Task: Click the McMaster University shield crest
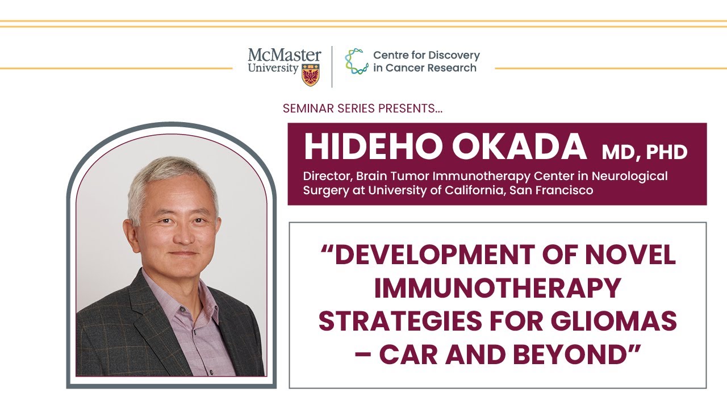(310, 74)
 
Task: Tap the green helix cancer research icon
(356, 61)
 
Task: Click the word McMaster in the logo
(284, 56)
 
